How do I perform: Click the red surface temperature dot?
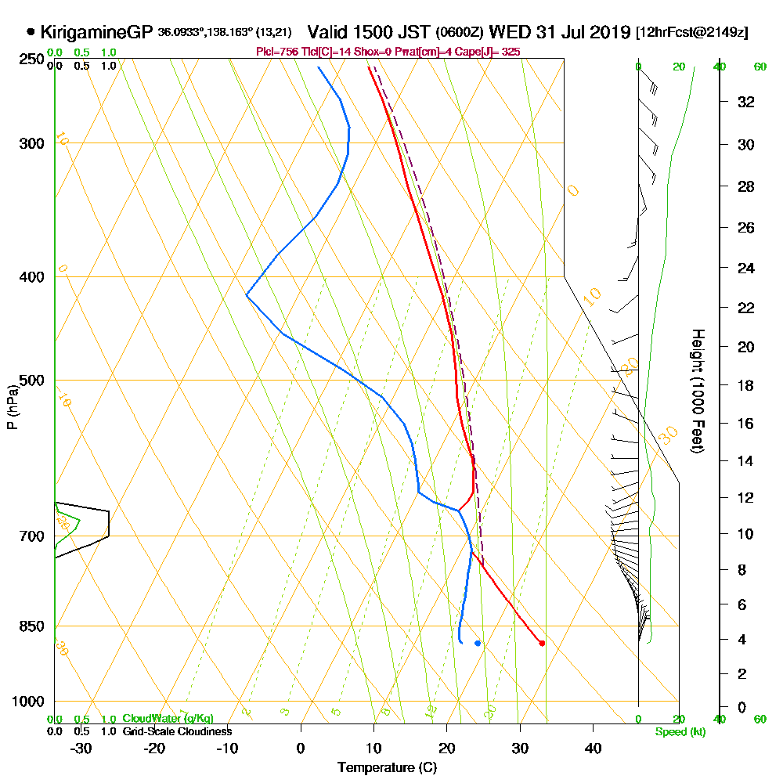(542, 644)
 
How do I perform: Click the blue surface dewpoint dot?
(478, 644)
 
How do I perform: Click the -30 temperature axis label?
(81, 748)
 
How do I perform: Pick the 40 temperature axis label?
(593, 748)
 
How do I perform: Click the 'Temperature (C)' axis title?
(387, 768)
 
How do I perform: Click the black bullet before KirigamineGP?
(31, 33)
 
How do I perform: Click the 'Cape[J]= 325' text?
(493, 52)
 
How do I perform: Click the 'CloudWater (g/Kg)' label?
(168, 719)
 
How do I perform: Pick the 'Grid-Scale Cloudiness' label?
(177, 731)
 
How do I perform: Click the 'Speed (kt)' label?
(678, 732)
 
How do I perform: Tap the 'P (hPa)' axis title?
(13, 407)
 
